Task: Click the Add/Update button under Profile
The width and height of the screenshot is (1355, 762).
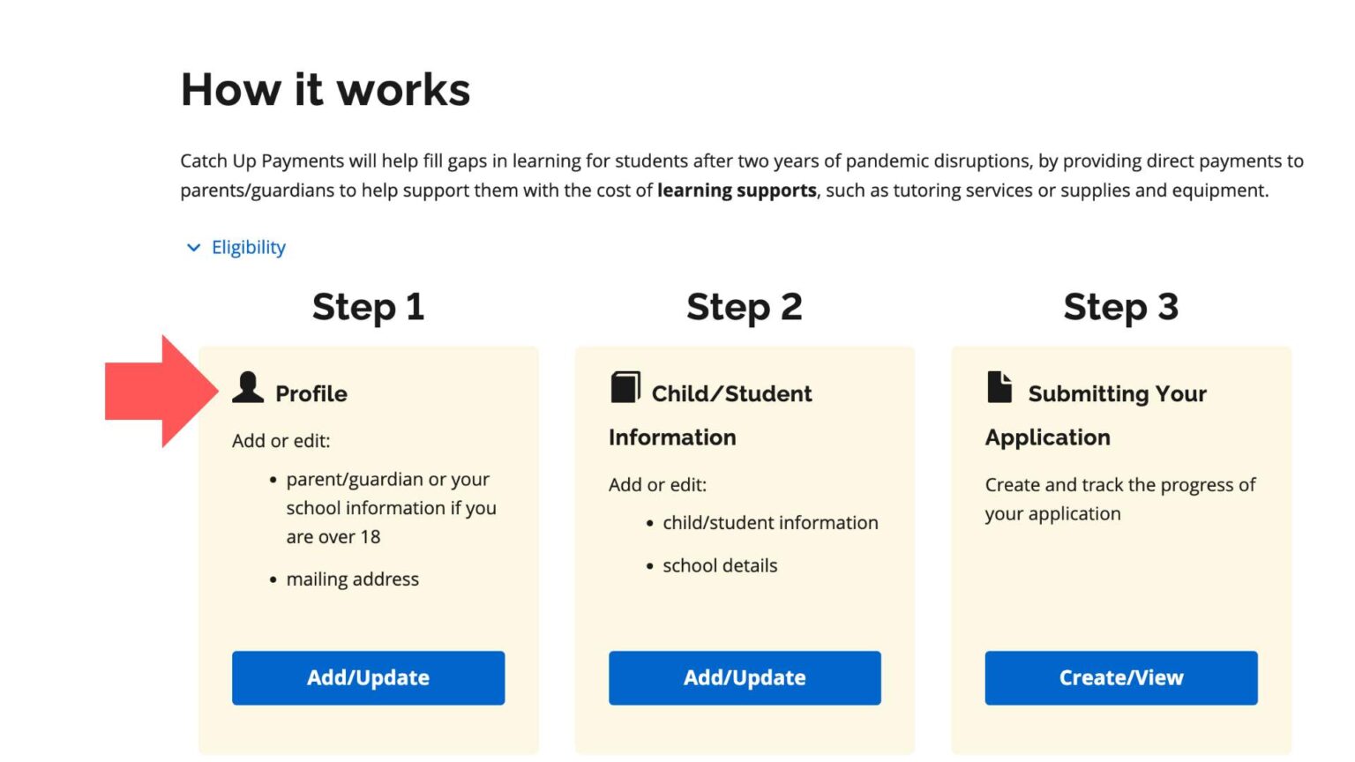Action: click(368, 677)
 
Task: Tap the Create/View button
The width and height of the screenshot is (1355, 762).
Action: click(1120, 677)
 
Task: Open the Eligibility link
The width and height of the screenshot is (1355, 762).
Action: click(249, 248)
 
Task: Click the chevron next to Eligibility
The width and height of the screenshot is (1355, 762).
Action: click(193, 248)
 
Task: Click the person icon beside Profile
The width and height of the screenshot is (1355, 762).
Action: click(248, 388)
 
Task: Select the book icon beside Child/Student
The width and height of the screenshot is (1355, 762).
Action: click(625, 387)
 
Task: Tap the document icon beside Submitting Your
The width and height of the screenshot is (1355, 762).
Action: click(999, 387)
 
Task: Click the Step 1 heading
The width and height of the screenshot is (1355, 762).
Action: click(368, 307)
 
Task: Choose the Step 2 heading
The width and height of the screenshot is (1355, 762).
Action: click(745, 307)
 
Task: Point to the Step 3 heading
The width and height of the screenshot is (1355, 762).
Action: click(1120, 307)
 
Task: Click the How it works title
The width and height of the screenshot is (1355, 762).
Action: click(326, 90)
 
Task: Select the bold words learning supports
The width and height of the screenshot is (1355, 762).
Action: click(737, 190)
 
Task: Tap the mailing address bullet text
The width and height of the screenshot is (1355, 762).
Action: click(352, 579)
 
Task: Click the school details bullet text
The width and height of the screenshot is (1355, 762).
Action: click(720, 566)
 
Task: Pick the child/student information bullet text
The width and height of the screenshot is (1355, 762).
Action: click(770, 523)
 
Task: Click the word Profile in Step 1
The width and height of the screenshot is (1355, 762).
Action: click(311, 393)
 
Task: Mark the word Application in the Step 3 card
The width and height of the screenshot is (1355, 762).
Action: click(1047, 437)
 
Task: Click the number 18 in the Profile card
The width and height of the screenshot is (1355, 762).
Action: click(371, 537)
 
